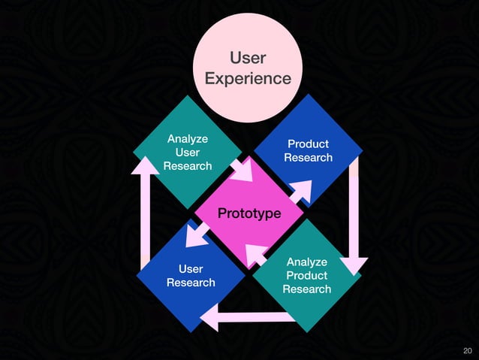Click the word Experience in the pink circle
[248, 78]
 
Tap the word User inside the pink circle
[248, 58]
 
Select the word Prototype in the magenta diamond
[249, 214]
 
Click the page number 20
[468, 351]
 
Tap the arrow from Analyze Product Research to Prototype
[256, 256]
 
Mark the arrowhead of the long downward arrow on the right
[354, 265]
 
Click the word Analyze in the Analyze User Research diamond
[188, 139]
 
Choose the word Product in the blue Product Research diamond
[308, 144]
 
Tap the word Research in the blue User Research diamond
[191, 283]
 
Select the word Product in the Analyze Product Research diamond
[306, 275]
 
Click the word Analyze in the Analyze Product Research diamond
[306, 262]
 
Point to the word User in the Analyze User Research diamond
[188, 152]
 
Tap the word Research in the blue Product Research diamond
[308, 157]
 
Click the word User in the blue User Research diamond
[191, 269]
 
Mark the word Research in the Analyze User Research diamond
[188, 165]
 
